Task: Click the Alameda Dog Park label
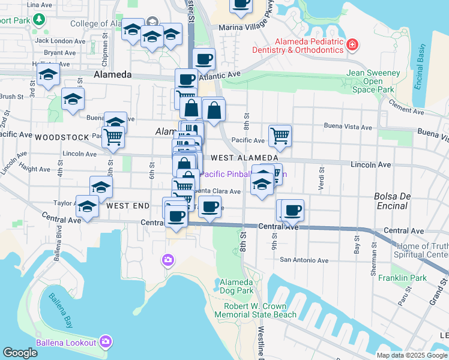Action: [x=237, y=286]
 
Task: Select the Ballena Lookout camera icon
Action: [x=106, y=341]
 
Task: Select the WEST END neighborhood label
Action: [x=128, y=206]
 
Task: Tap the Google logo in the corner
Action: [x=20, y=353]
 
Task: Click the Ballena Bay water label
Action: [x=61, y=307]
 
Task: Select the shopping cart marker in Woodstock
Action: [x=113, y=136]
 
